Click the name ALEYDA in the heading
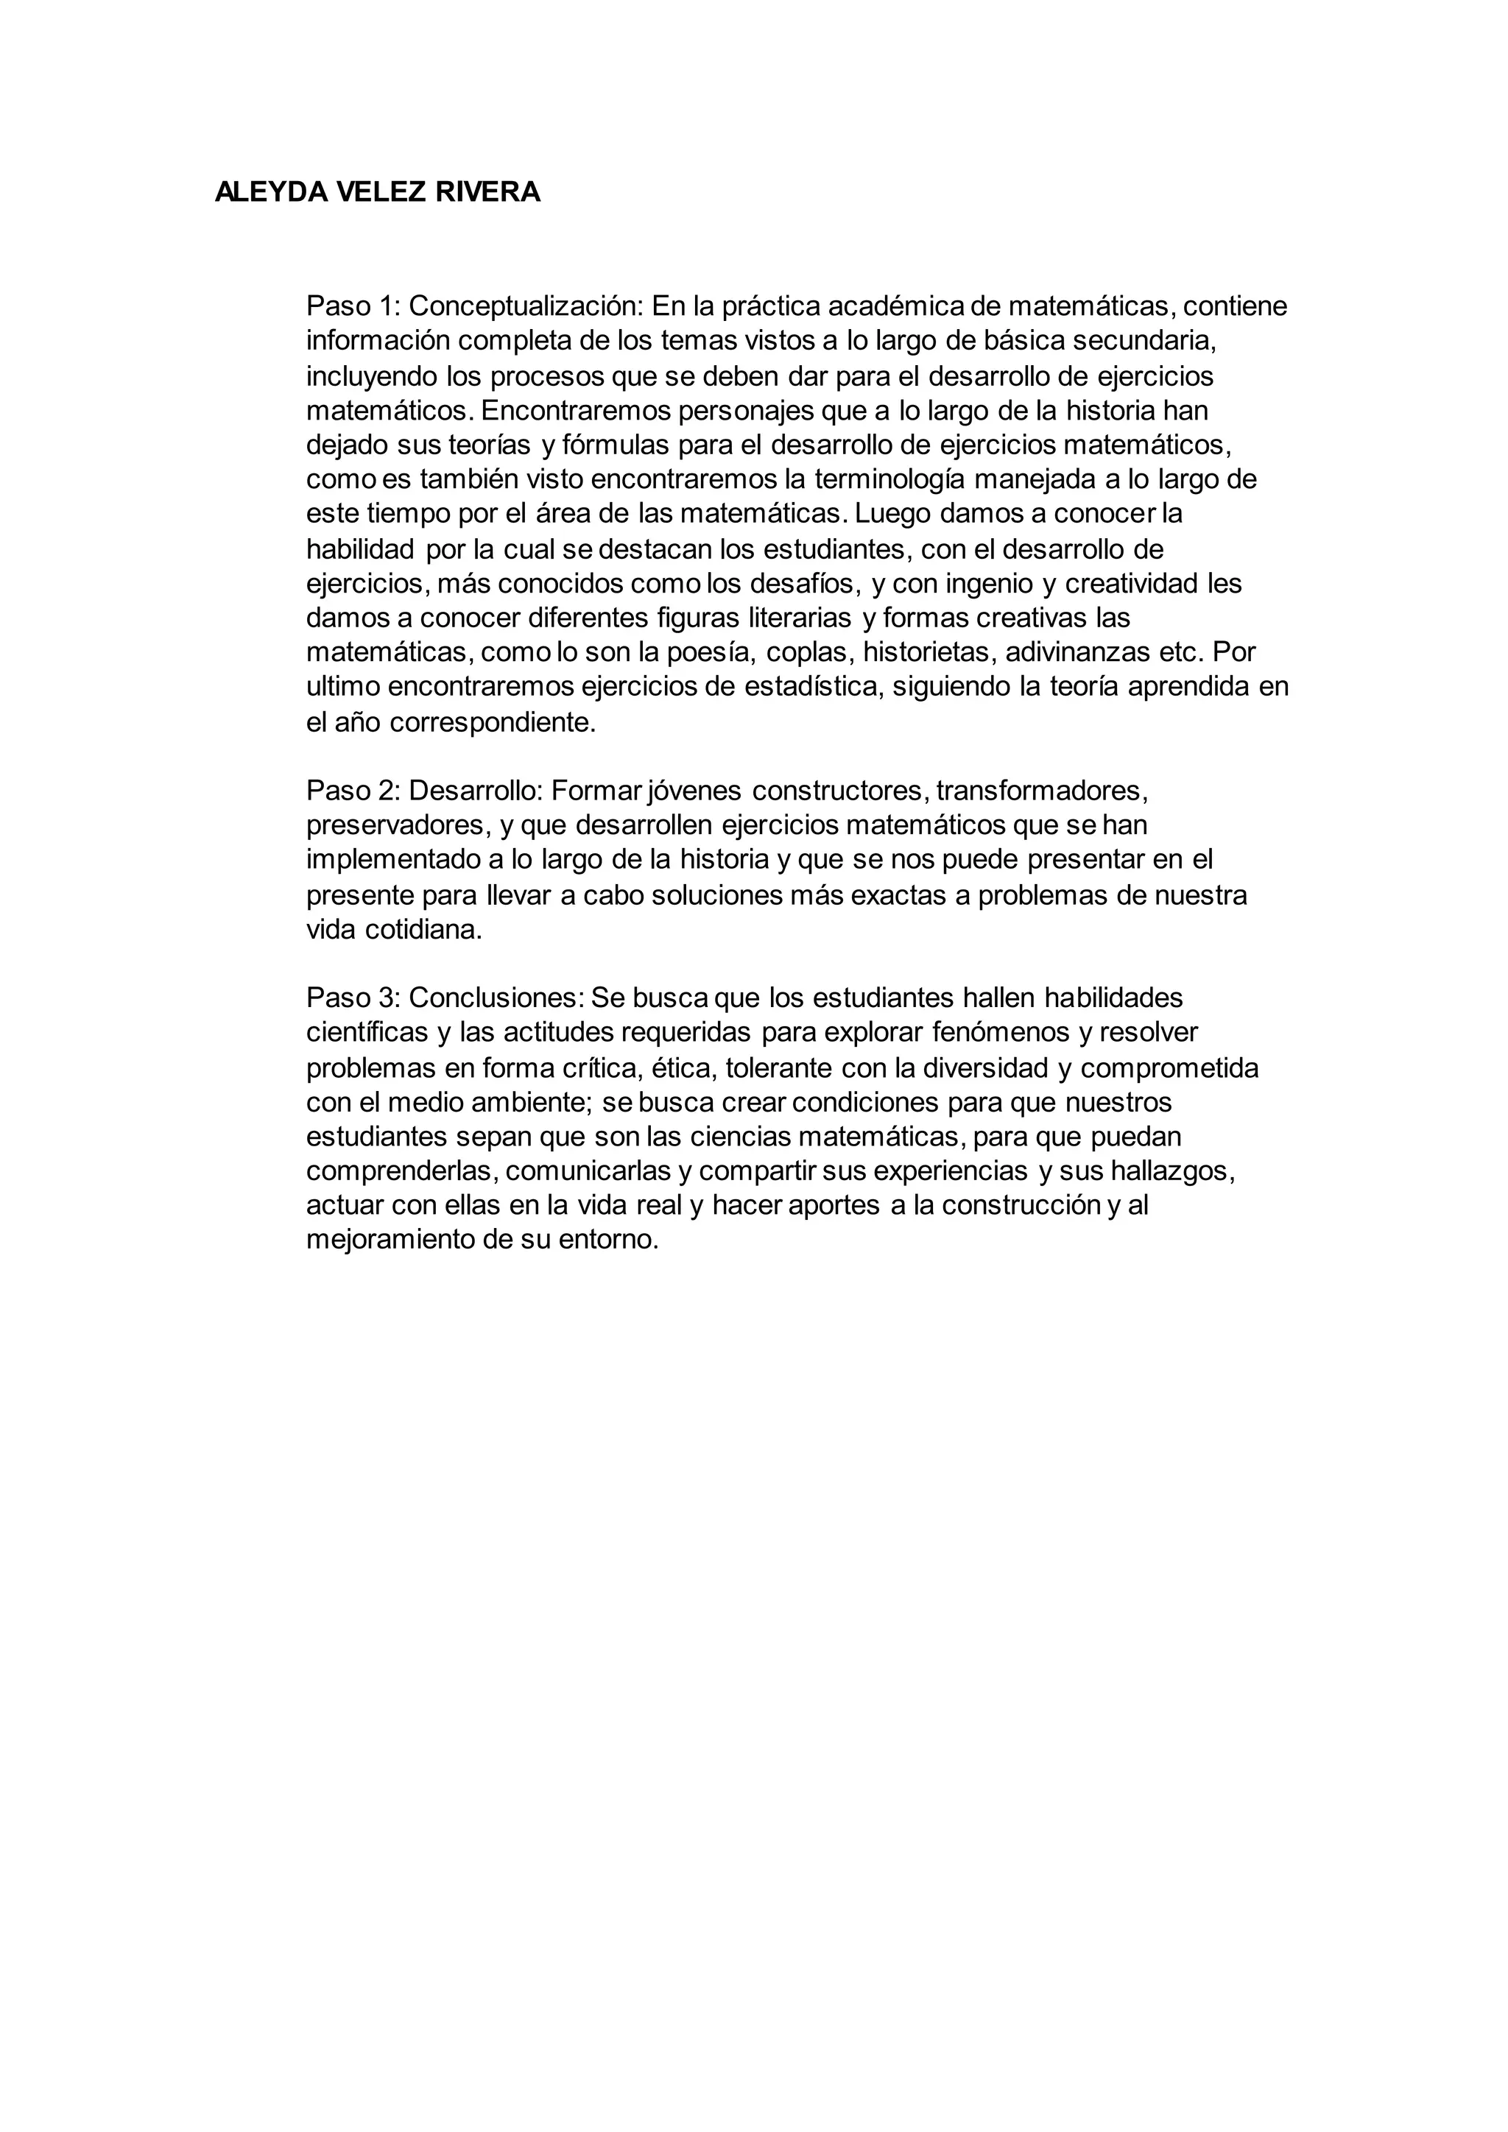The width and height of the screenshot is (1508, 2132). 269,192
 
